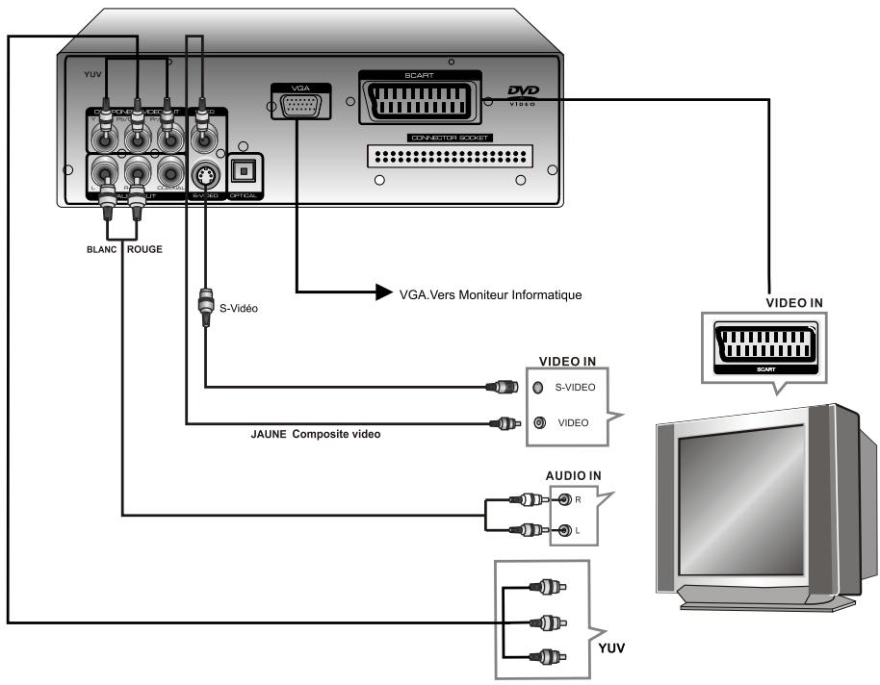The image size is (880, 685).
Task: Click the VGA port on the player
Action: (299, 106)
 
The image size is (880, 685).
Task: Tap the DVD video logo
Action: (522, 94)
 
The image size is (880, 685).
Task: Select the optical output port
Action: (244, 173)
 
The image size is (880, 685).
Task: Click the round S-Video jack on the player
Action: (204, 175)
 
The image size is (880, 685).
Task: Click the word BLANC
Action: (100, 248)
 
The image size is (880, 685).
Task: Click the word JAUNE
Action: (269, 434)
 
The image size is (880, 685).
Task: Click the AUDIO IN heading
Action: (575, 476)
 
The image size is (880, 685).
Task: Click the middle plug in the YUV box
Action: (550, 622)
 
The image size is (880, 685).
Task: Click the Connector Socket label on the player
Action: (451, 138)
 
